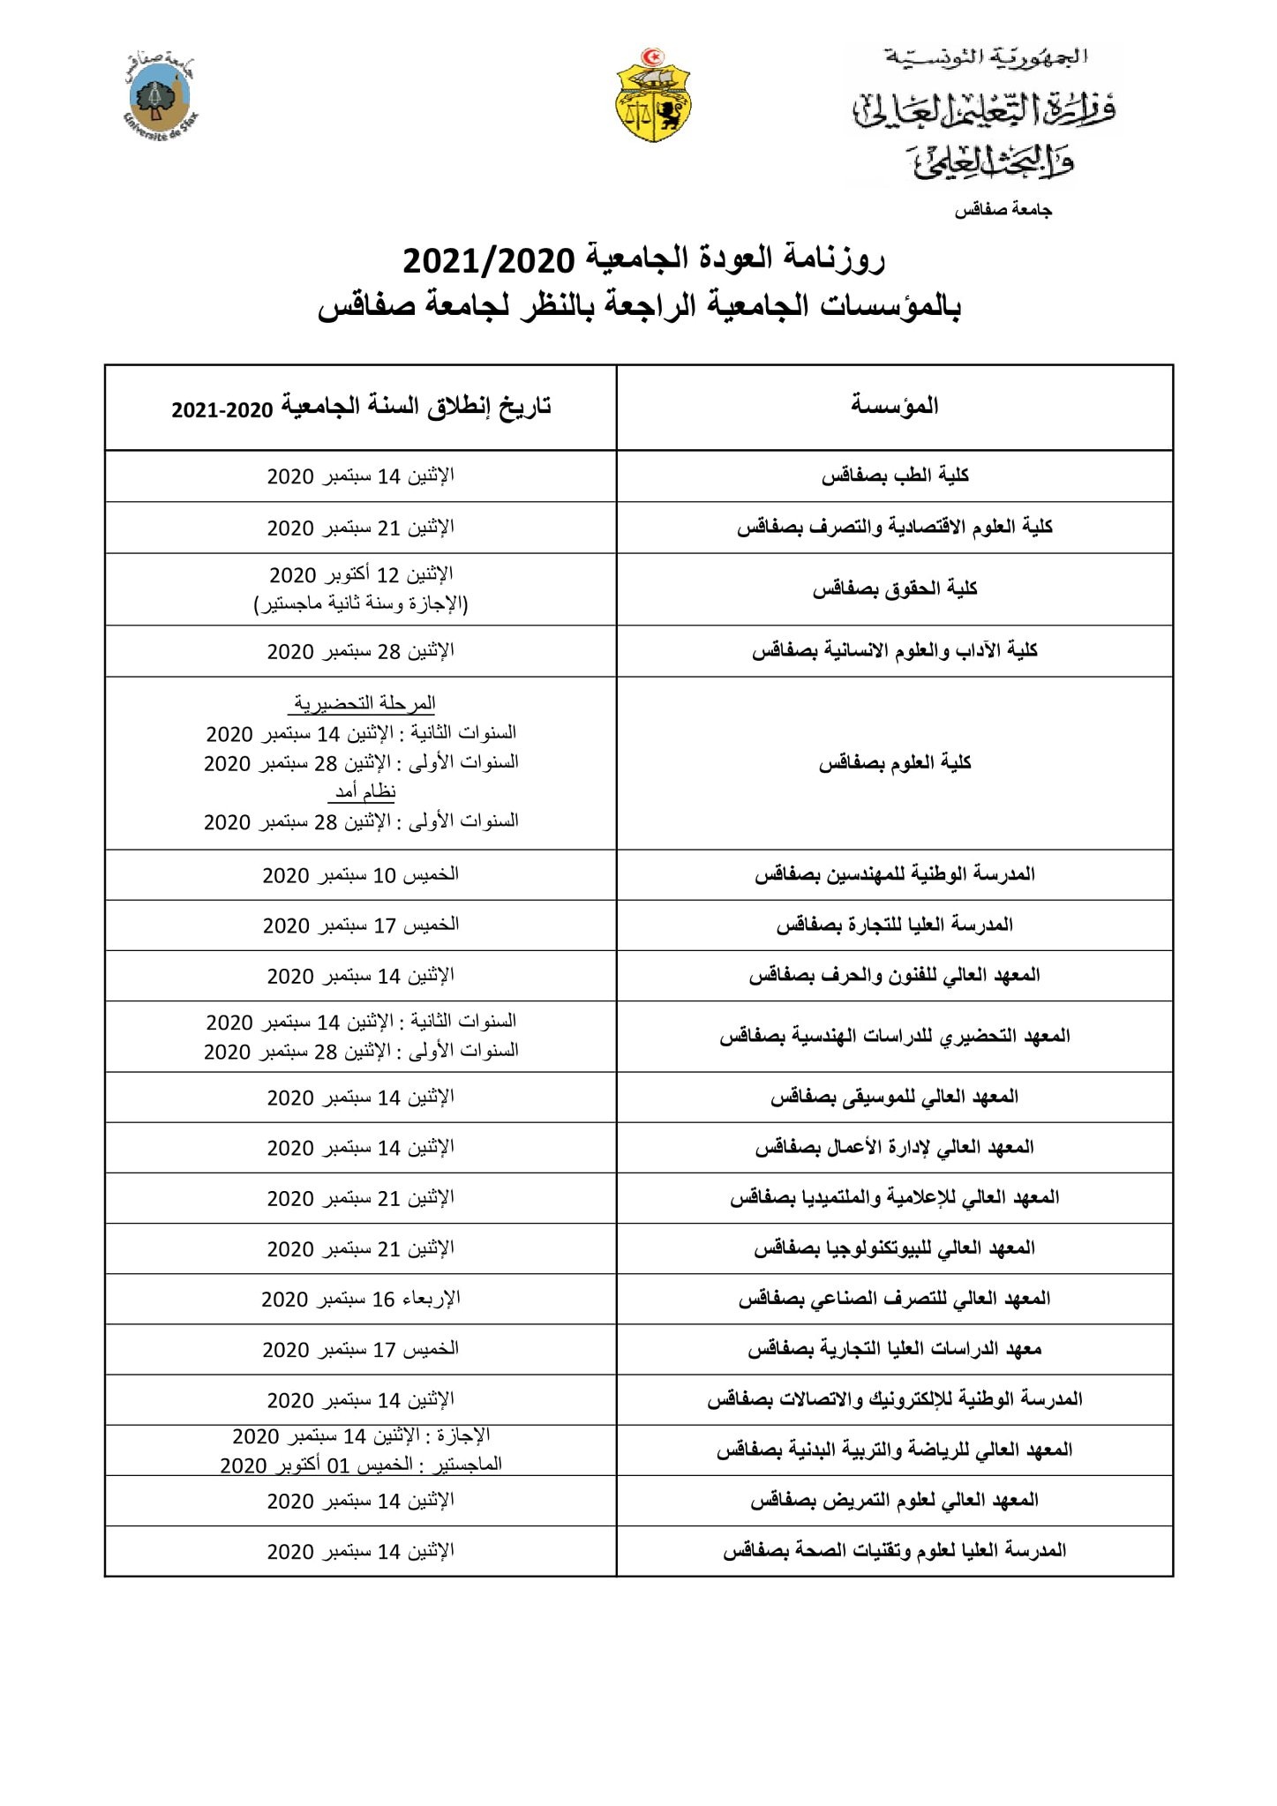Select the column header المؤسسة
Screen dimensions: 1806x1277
click(894, 407)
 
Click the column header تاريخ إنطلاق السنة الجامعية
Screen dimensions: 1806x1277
click(361, 408)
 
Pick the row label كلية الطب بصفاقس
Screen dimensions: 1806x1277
click(895, 476)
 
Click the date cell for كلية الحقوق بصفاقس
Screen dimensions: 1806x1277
click(361, 589)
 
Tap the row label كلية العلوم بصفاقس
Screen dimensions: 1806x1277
click(895, 763)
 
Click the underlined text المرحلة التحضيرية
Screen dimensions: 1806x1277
click(362, 704)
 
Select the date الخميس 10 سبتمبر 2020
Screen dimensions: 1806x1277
click(361, 875)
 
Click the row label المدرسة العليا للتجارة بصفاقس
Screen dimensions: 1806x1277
click(895, 925)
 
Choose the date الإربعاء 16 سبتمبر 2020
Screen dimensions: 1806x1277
click(361, 1300)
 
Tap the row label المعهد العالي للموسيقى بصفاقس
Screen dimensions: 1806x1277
click(895, 1098)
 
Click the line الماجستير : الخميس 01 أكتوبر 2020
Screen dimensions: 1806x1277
click(361, 1465)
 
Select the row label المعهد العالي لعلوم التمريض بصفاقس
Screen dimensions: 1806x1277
click(895, 1501)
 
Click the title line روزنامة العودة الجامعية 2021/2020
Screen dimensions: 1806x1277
click(644, 260)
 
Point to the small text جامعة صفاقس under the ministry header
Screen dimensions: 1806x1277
click(1004, 211)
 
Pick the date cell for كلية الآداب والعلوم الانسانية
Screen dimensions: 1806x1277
click(361, 652)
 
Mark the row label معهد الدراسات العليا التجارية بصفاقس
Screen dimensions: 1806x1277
click(895, 1350)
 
